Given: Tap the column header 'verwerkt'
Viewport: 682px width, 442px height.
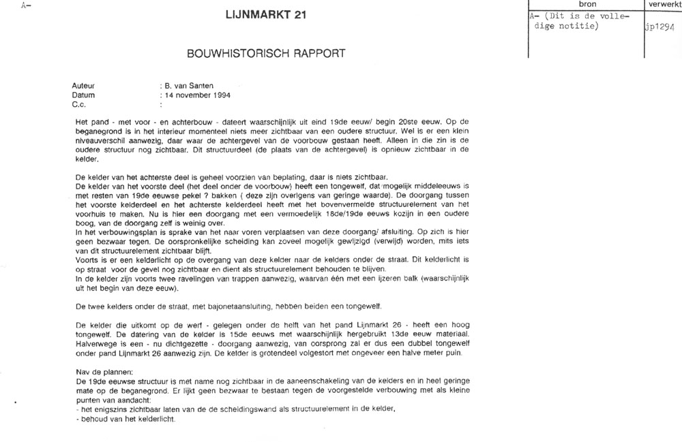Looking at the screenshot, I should pos(662,4).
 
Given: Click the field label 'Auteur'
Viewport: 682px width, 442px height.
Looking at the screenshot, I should pos(83,86).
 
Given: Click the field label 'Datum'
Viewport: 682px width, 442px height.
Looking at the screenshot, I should pos(83,96).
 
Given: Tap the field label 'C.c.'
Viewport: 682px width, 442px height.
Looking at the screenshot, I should pos(79,106).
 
